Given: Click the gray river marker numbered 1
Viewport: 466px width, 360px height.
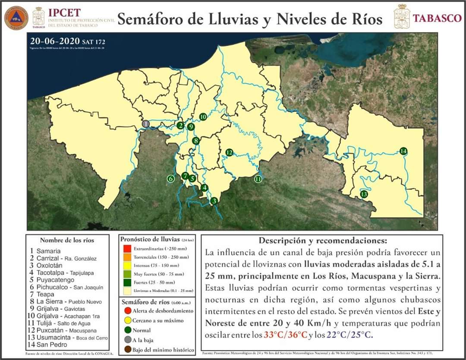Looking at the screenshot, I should [x=146, y=124].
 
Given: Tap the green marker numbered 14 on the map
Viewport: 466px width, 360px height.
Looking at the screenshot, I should [x=403, y=151].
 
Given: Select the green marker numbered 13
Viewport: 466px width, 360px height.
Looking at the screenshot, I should [x=364, y=194].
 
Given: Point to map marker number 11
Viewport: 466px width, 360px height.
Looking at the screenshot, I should [x=258, y=179].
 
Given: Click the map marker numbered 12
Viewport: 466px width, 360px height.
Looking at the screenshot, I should [x=230, y=152].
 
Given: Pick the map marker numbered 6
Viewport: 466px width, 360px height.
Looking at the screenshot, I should [x=171, y=179].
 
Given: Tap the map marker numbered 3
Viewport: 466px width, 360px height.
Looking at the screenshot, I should [x=213, y=201].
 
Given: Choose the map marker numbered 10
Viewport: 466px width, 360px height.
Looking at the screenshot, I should [x=203, y=117].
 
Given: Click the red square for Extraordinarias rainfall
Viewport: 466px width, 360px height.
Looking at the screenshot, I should [x=126, y=249].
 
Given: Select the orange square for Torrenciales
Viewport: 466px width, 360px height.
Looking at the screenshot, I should [x=126, y=257].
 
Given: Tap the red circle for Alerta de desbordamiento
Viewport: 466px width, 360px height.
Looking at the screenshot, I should [x=126, y=311].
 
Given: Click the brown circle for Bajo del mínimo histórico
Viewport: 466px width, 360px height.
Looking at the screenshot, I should [x=126, y=350].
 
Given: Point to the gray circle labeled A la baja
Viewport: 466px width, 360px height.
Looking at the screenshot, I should [x=126, y=340].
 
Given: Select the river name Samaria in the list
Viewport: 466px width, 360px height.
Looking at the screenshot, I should [x=48, y=251].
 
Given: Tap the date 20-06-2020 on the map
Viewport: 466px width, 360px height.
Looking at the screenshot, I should [x=54, y=41].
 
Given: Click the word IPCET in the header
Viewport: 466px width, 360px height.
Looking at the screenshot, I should [x=64, y=13].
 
